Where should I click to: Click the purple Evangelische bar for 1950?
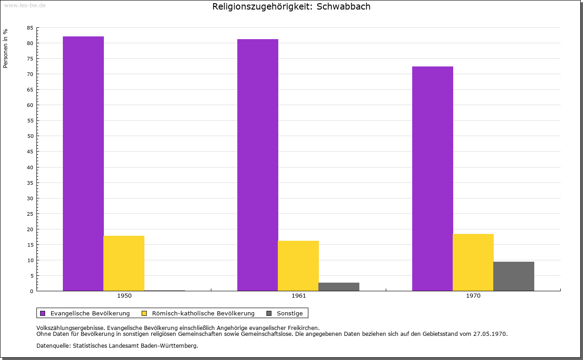(83, 163)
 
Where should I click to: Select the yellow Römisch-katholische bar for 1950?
(124, 263)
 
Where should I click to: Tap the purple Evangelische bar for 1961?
(258, 165)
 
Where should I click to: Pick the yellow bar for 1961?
(298, 266)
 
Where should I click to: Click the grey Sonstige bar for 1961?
(339, 287)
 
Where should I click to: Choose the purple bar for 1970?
(433, 178)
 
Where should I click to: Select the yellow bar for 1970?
(473, 262)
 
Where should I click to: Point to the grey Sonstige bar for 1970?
(514, 276)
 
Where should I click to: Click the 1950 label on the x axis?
(124, 296)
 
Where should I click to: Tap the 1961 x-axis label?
(299, 296)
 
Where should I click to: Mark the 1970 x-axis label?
(473, 296)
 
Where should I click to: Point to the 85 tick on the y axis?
(30, 28)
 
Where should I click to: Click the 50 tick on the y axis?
(30, 136)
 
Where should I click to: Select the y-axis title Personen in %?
(5, 48)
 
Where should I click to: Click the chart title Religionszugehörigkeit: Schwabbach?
(291, 6)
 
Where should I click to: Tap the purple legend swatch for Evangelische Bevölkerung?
(43, 313)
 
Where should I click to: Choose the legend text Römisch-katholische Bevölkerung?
(203, 313)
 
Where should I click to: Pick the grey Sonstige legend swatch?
(269, 313)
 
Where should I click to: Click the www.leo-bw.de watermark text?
(24, 5)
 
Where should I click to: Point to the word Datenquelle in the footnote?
(51, 346)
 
